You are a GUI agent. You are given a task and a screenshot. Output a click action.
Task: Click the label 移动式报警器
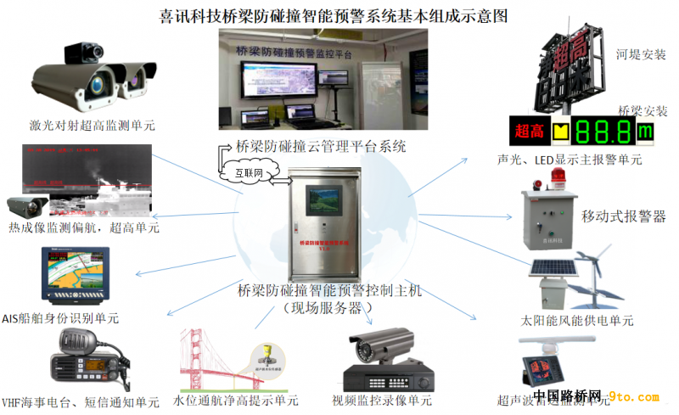pyautogui.click(x=624, y=216)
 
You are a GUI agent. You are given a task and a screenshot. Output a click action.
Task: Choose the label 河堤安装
pyautogui.click(x=641, y=55)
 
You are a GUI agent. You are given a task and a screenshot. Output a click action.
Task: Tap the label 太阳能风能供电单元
pyautogui.click(x=577, y=322)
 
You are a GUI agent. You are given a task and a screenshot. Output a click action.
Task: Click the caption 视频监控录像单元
pyautogui.click(x=382, y=400)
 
